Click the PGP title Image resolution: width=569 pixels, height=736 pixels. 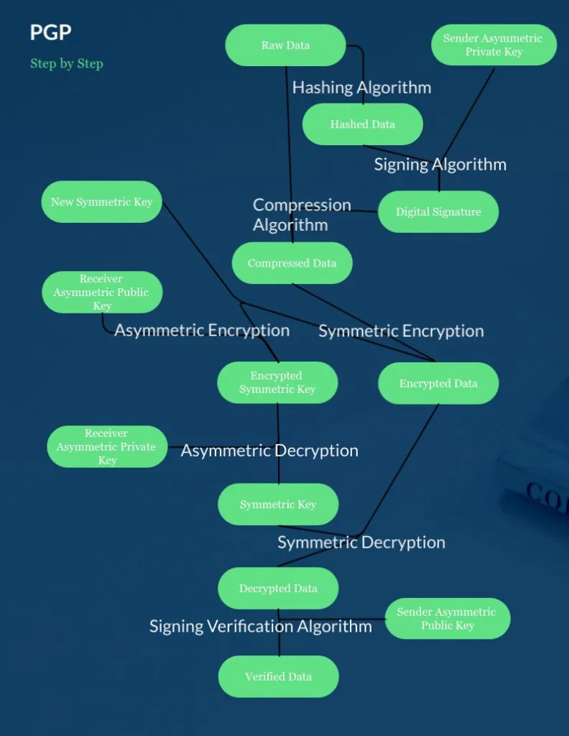click(x=50, y=32)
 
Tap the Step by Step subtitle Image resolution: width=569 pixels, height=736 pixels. click(x=67, y=64)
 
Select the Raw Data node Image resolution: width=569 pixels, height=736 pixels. click(x=286, y=45)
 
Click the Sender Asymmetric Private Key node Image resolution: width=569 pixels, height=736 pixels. click(x=494, y=45)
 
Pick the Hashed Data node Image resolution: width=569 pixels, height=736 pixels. click(x=362, y=124)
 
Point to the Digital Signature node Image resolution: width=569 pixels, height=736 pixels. click(x=438, y=212)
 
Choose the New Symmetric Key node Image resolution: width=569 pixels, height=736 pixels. click(x=101, y=202)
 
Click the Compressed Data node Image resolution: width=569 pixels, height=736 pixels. click(x=292, y=263)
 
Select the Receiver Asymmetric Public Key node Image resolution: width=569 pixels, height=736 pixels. click(x=101, y=292)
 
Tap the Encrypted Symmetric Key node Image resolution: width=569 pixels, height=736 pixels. click(x=277, y=382)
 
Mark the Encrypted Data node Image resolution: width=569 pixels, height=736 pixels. click(x=438, y=383)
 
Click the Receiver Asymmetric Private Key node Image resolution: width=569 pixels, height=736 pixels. click(x=107, y=446)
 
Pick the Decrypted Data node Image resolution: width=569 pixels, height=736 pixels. click(x=278, y=588)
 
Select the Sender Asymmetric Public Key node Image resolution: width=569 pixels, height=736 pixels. click(x=447, y=618)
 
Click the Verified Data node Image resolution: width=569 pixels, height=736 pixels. click(x=278, y=676)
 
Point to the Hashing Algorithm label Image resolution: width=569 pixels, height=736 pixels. click(x=361, y=88)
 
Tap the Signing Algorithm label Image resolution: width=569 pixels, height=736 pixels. click(x=440, y=165)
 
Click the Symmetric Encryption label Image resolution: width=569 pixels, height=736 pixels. click(x=401, y=331)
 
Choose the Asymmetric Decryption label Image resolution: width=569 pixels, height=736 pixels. click(x=269, y=451)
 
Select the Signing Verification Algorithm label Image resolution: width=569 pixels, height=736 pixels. click(x=260, y=626)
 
